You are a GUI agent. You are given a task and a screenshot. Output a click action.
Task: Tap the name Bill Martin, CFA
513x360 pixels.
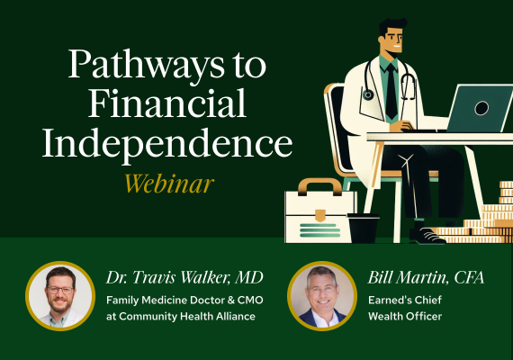click(x=426, y=278)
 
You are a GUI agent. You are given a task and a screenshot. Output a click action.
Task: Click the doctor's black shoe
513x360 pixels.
click(x=427, y=236)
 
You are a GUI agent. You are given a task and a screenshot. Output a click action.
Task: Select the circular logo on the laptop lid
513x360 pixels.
click(x=481, y=107)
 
